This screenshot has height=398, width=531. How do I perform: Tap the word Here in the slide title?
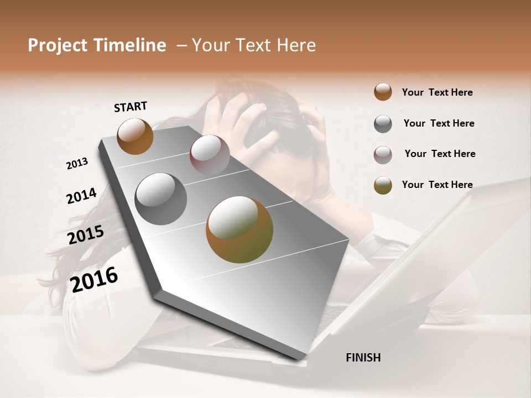coord(295,45)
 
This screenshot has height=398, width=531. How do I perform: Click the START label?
coord(131,107)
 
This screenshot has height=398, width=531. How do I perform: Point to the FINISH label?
coord(363,358)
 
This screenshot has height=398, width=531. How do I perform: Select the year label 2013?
coord(77,164)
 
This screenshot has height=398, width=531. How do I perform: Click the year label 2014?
coord(81,196)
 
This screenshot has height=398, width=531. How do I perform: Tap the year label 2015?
coord(86,234)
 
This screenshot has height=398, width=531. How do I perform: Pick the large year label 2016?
coord(94,279)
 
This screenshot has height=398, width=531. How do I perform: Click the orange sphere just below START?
coord(135,136)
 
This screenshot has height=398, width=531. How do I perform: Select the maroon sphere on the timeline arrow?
coord(210,155)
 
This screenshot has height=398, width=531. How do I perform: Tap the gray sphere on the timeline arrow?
coord(161,199)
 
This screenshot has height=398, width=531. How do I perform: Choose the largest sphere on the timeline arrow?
coord(240,229)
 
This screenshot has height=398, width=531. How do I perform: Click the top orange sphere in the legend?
coord(383,92)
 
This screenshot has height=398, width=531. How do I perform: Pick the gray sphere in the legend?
coord(383,124)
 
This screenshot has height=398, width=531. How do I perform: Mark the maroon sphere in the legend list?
coord(383,155)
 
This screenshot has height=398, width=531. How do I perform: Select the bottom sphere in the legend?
coord(383,185)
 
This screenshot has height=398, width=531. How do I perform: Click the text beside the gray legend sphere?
coord(439,123)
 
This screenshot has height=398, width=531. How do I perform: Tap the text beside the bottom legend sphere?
coord(437,185)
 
